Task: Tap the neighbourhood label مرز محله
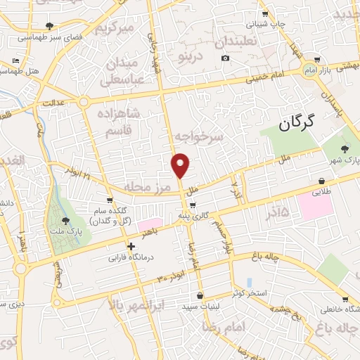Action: (x=148, y=188)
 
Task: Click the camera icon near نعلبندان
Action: (x=225, y=58)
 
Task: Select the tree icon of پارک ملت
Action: (x=67, y=221)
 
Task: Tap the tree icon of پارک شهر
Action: (x=343, y=148)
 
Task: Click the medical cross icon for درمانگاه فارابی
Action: (x=131, y=245)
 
